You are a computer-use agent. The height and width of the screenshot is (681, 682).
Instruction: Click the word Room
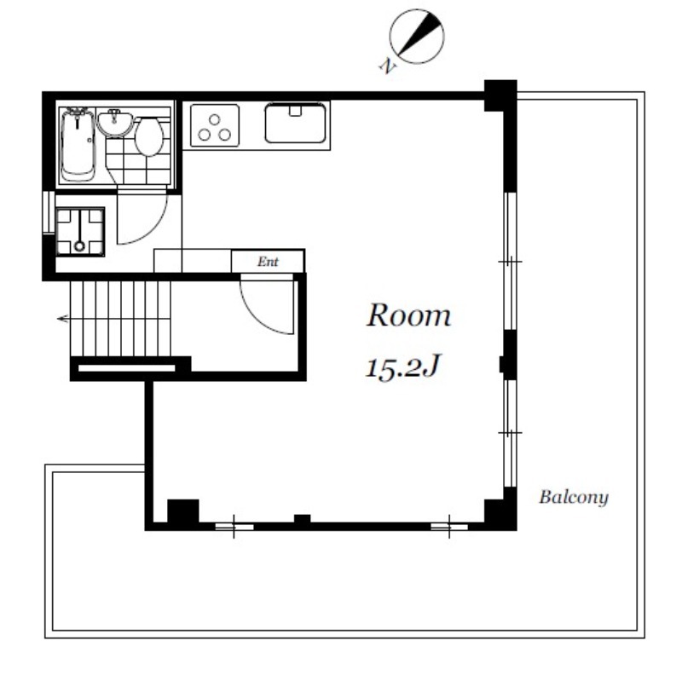pyautogui.click(x=408, y=315)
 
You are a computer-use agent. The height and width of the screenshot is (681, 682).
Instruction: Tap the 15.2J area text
pyautogui.click(x=403, y=367)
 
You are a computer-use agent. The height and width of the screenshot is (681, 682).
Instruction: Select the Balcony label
pyautogui.click(x=573, y=497)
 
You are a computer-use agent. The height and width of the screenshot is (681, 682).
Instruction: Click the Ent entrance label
pyautogui.click(x=268, y=262)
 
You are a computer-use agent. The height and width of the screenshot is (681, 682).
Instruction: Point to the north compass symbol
pyautogui.click(x=417, y=37)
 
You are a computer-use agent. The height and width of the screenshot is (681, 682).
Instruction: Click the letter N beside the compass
pyautogui.click(x=388, y=66)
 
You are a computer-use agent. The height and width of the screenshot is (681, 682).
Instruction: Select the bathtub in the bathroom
pyautogui.click(x=78, y=145)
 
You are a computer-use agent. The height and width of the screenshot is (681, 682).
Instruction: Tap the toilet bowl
pyautogui.click(x=148, y=136)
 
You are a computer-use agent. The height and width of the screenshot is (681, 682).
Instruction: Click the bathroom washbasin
pyautogui.click(x=115, y=124)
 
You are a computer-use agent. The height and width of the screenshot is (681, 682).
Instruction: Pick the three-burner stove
pyautogui.click(x=215, y=125)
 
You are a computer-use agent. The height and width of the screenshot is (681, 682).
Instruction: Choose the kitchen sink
pyautogui.click(x=295, y=123)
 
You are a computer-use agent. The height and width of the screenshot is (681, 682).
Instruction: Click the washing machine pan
pyautogui.click(x=80, y=232)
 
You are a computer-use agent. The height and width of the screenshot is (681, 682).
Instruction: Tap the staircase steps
pyautogui.click(x=120, y=319)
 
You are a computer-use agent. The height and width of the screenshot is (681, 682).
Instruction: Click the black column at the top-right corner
pyautogui.click(x=500, y=95)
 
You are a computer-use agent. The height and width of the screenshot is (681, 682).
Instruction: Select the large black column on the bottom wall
pyautogui.click(x=183, y=512)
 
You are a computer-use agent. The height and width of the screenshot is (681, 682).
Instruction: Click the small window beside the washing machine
pyautogui.click(x=49, y=212)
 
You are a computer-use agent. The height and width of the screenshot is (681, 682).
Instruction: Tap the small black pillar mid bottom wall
pyautogui.click(x=303, y=519)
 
